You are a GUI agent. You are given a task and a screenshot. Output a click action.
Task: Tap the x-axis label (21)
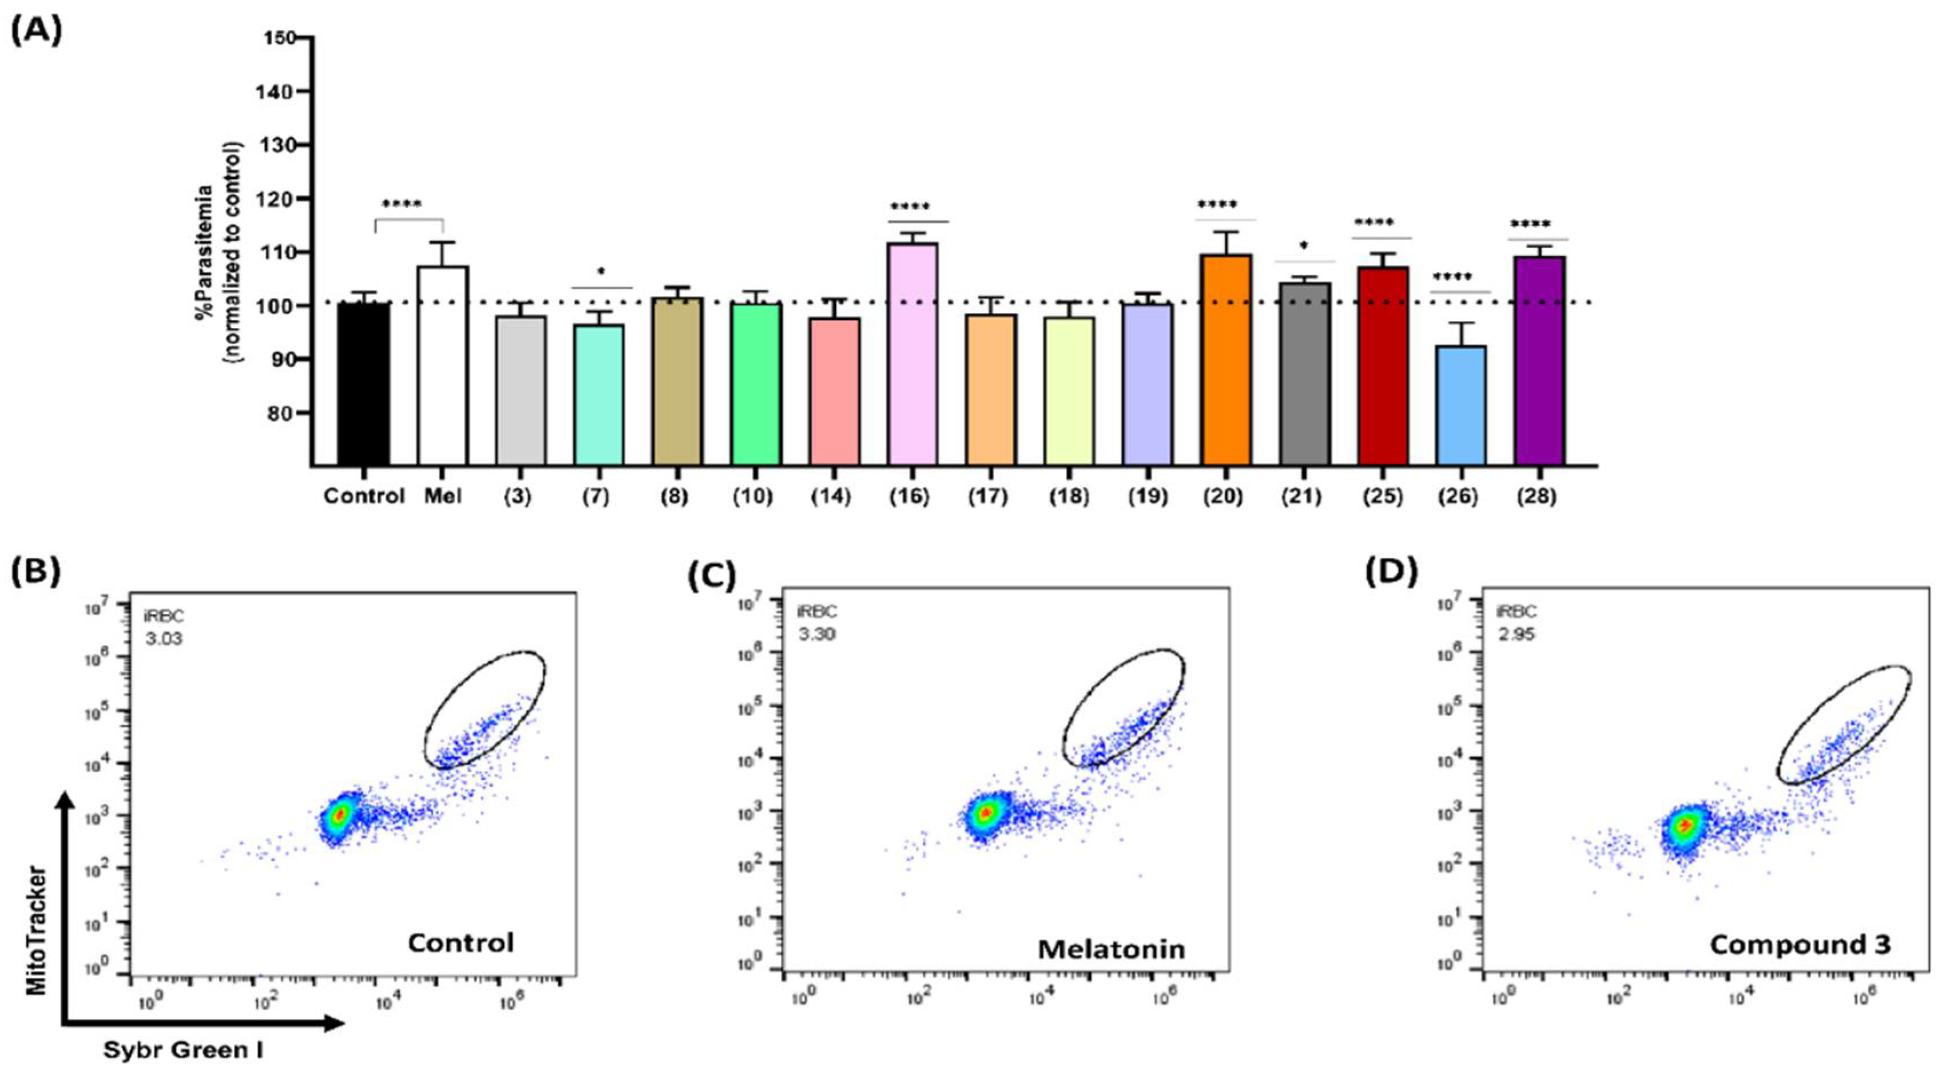click(1304, 498)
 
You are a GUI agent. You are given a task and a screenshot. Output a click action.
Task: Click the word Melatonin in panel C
click(1112, 949)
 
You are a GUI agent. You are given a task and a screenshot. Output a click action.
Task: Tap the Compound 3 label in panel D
click(1800, 945)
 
